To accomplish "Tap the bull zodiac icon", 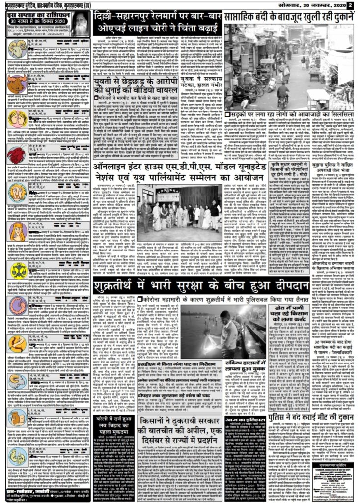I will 17,84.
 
